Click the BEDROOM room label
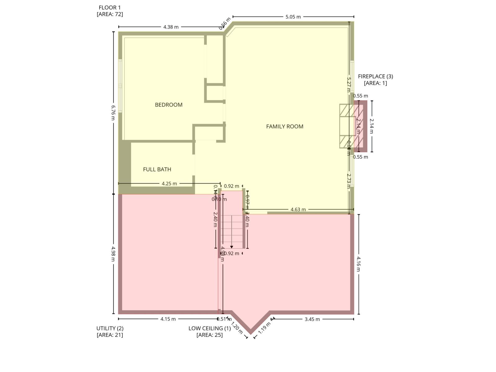click(x=169, y=105)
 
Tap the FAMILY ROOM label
click(x=285, y=126)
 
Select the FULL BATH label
click(x=157, y=169)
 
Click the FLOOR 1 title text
click(x=110, y=7)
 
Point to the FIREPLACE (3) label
click(x=375, y=76)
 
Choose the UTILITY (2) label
click(x=110, y=328)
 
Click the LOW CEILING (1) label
click(x=210, y=328)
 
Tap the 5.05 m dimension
click(x=293, y=17)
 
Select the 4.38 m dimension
click(x=171, y=27)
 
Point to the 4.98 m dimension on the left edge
click(x=113, y=254)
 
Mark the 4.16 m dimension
click(x=359, y=264)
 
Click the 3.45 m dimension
click(x=312, y=319)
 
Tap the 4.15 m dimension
click(x=168, y=319)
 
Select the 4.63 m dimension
click(x=298, y=210)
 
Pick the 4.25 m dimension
click(x=169, y=184)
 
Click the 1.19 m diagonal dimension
click(x=264, y=328)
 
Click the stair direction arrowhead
click(x=232, y=247)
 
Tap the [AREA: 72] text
click(x=110, y=14)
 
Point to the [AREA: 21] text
click(x=110, y=335)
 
